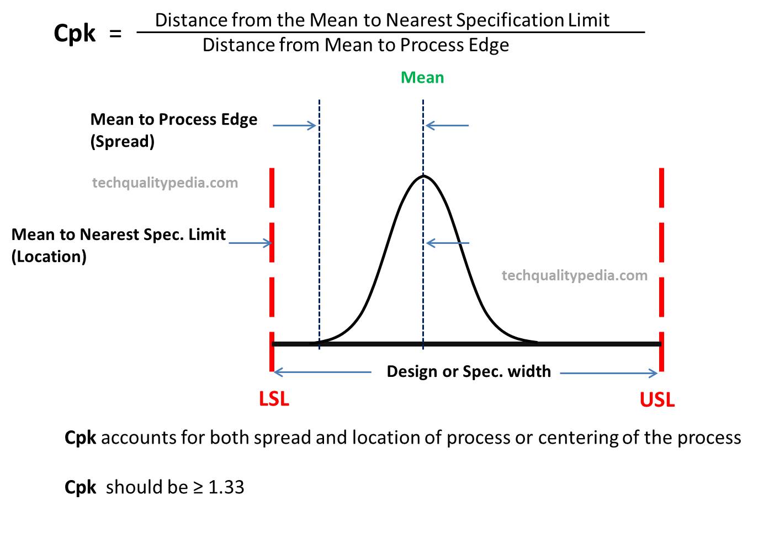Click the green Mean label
(422, 78)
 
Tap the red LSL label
(274, 398)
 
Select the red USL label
(657, 399)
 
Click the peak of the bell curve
(423, 176)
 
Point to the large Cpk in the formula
(75, 34)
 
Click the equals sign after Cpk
(115, 34)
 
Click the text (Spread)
(123, 142)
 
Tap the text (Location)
(49, 257)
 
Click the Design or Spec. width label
(469, 371)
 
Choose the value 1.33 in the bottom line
(226, 487)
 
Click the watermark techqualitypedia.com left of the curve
(165, 183)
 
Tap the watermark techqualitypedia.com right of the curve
(574, 275)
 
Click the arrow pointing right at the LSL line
(251, 243)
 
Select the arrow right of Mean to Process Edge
(294, 125)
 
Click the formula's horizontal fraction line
(390, 33)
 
